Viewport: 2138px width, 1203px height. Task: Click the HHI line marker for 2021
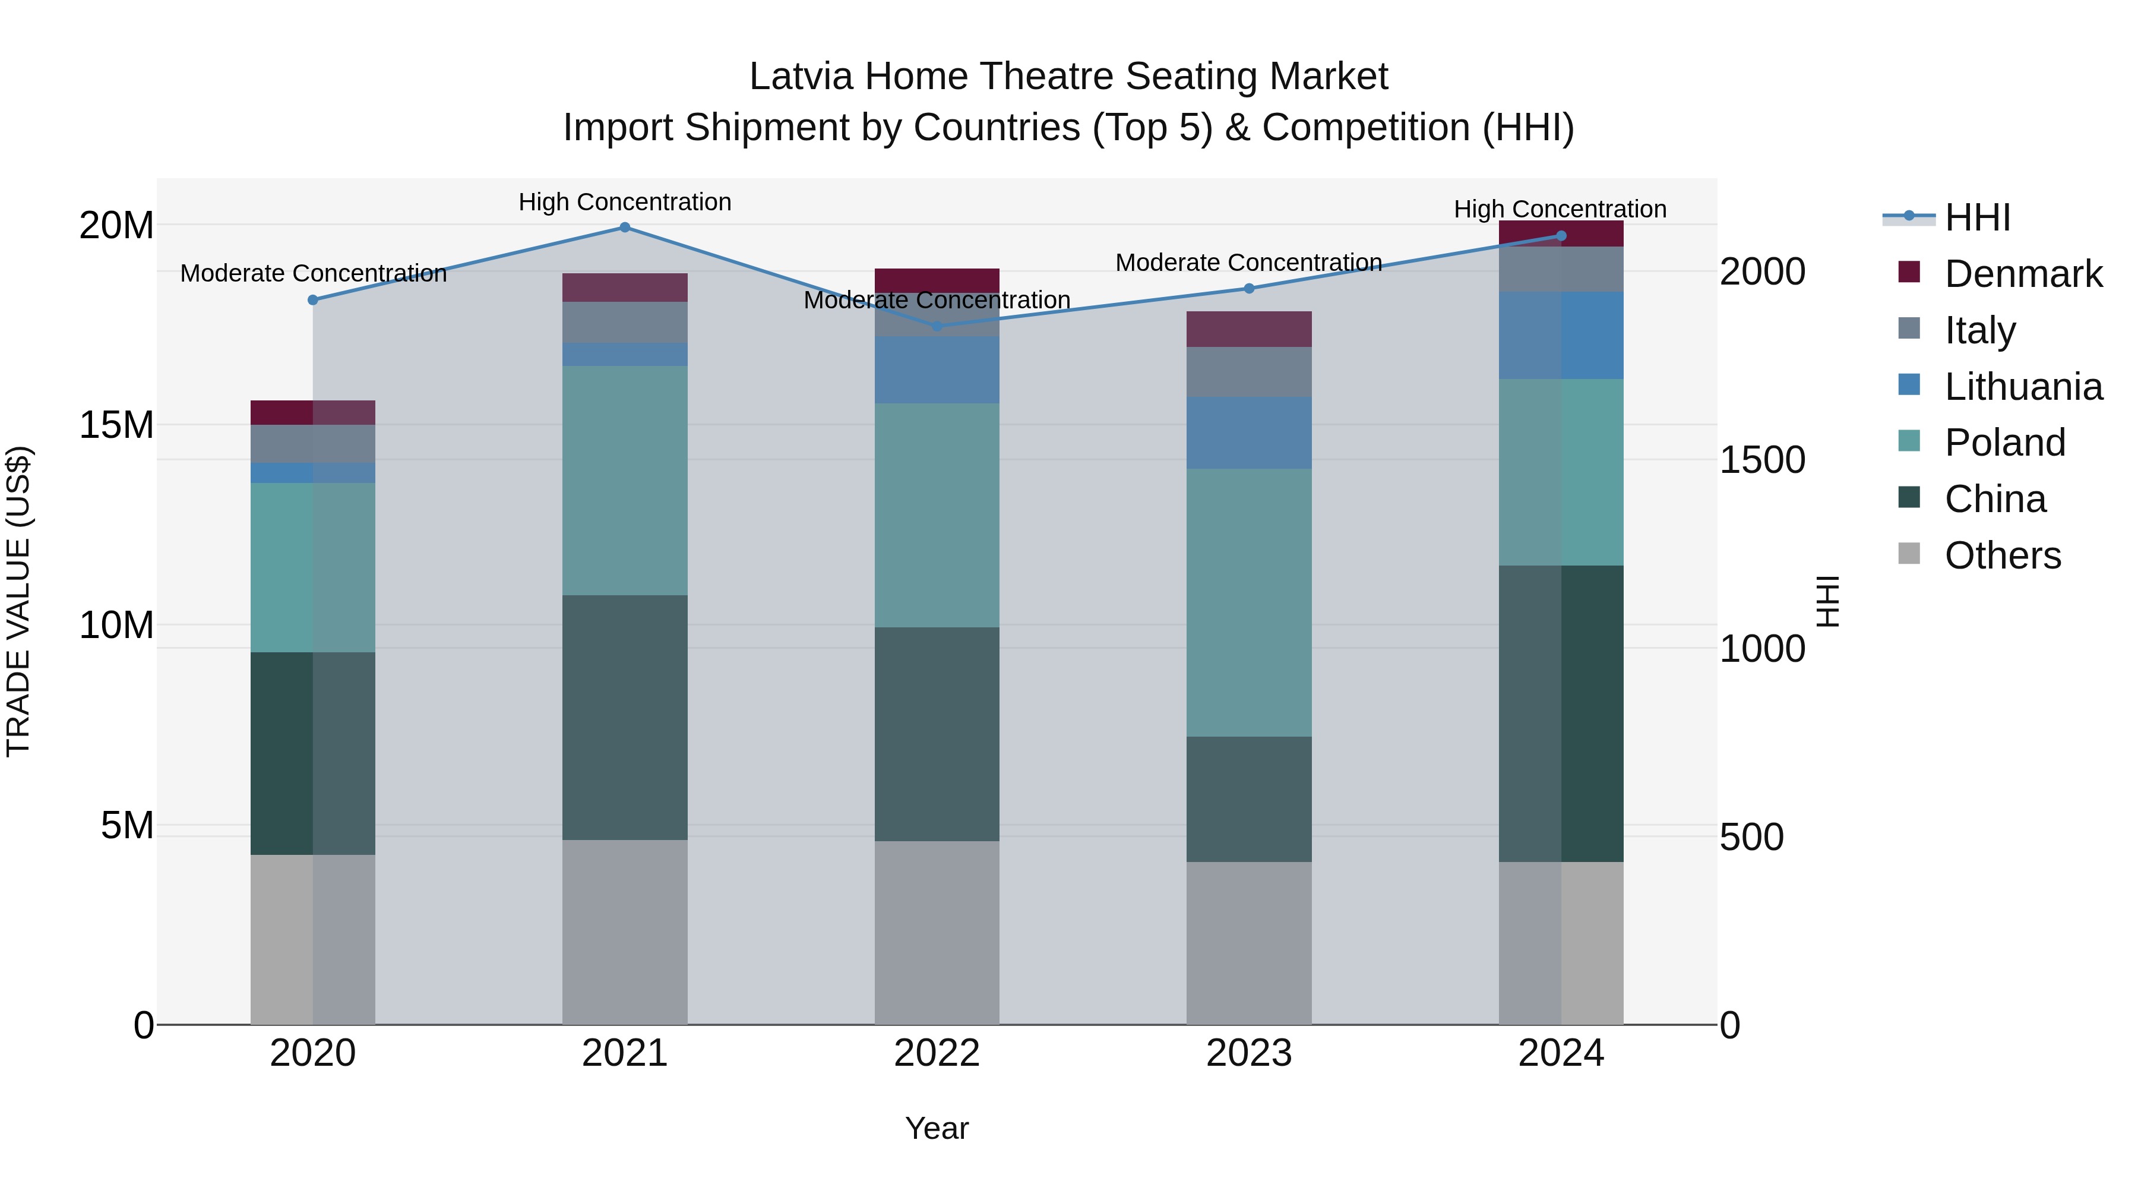coord(625,228)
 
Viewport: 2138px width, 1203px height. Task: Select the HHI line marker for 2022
coord(937,326)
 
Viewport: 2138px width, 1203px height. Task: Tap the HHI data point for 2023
coord(1249,288)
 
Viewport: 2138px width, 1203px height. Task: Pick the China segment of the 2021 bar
coord(625,717)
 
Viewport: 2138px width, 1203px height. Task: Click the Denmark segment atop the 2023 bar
coord(1249,329)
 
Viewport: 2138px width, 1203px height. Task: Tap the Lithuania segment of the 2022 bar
coord(937,370)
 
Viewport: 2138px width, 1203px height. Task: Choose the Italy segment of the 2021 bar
coord(625,322)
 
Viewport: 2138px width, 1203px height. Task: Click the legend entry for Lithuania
coord(2023,387)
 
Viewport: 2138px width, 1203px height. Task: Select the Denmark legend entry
coord(2023,274)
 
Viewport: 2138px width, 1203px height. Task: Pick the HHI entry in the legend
coord(1977,217)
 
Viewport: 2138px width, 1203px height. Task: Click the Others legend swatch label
coord(2002,555)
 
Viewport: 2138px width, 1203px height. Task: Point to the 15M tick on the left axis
coord(116,425)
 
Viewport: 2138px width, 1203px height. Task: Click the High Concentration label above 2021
coord(625,202)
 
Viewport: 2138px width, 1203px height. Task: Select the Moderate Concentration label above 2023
coord(1248,263)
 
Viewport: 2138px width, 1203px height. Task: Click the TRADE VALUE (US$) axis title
coord(18,601)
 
